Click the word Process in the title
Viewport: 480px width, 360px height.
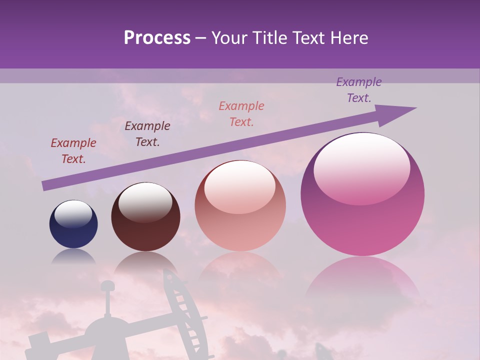pos(157,38)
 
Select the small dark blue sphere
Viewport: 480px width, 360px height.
pos(73,224)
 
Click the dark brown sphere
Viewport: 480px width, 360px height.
pos(145,216)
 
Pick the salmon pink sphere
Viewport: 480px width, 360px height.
pos(240,206)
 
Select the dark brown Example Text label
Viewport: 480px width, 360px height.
pos(147,134)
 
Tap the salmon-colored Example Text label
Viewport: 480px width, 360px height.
pos(241,114)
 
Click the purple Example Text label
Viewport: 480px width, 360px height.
pos(359,90)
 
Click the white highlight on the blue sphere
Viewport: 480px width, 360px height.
pos(73,213)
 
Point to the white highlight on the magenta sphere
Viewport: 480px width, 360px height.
pos(362,167)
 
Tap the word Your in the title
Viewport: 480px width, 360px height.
pos(232,38)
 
